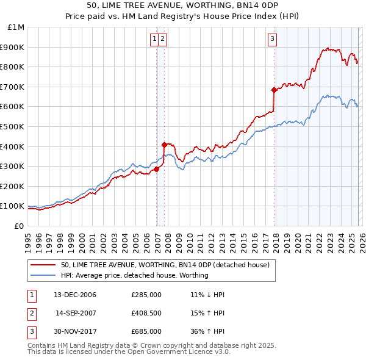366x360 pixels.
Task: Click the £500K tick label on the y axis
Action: (12, 126)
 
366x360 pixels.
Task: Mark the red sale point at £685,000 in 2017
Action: (274, 90)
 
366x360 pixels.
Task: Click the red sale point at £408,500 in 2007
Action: (164, 145)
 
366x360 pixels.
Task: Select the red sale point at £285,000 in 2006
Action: (156, 170)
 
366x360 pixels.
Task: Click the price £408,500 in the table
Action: (146, 313)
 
